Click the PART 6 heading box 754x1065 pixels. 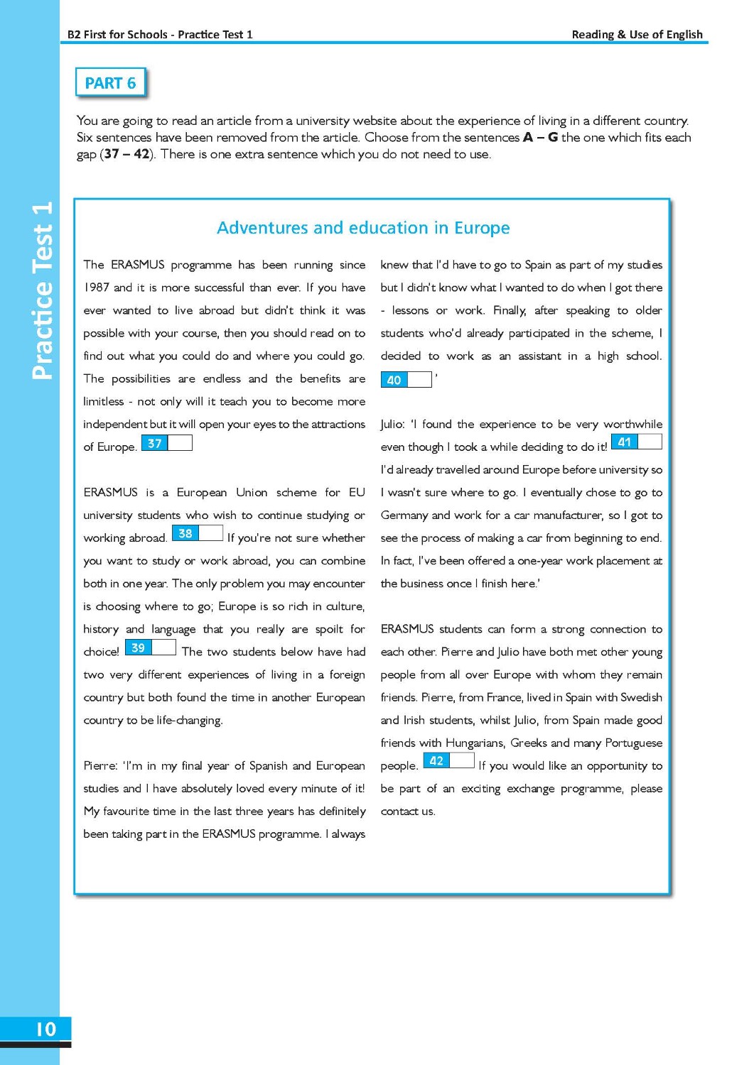[110, 83]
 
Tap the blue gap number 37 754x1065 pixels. [154, 443]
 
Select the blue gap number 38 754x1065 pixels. [185, 533]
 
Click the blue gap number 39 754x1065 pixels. [138, 648]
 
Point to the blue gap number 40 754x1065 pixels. [394, 380]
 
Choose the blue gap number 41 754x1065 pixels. [624, 442]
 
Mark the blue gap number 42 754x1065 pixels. [436, 760]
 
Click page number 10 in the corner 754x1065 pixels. [45, 1029]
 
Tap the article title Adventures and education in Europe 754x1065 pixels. [363, 228]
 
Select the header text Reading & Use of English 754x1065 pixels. [637, 34]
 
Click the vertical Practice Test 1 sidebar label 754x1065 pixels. [43, 290]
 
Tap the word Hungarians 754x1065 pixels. [475, 743]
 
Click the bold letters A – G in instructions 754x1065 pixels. [540, 137]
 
